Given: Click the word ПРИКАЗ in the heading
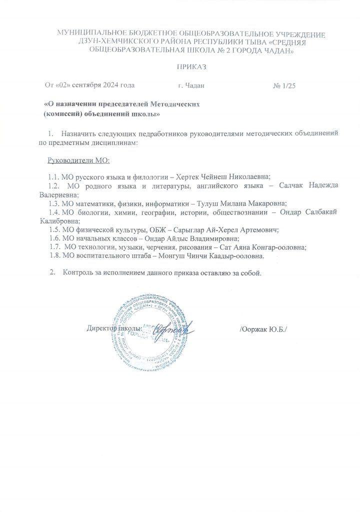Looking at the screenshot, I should (x=191, y=67).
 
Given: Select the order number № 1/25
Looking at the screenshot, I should (x=285, y=86).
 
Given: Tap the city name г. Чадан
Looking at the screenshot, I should (x=191, y=86).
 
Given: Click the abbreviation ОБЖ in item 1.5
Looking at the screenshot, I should (x=143, y=229).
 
